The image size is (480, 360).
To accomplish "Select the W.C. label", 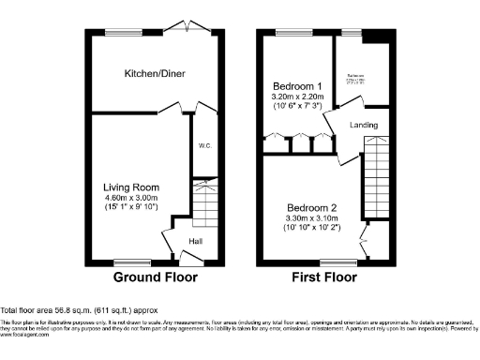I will (204, 146).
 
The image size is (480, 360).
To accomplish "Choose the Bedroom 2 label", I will (309, 207).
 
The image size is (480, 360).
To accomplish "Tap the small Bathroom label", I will (356, 77).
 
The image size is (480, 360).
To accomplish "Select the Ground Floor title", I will (154, 277).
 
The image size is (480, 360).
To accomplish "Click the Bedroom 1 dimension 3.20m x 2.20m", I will (298, 96).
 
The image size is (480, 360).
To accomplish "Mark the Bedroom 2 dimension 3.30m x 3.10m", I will (309, 219).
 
